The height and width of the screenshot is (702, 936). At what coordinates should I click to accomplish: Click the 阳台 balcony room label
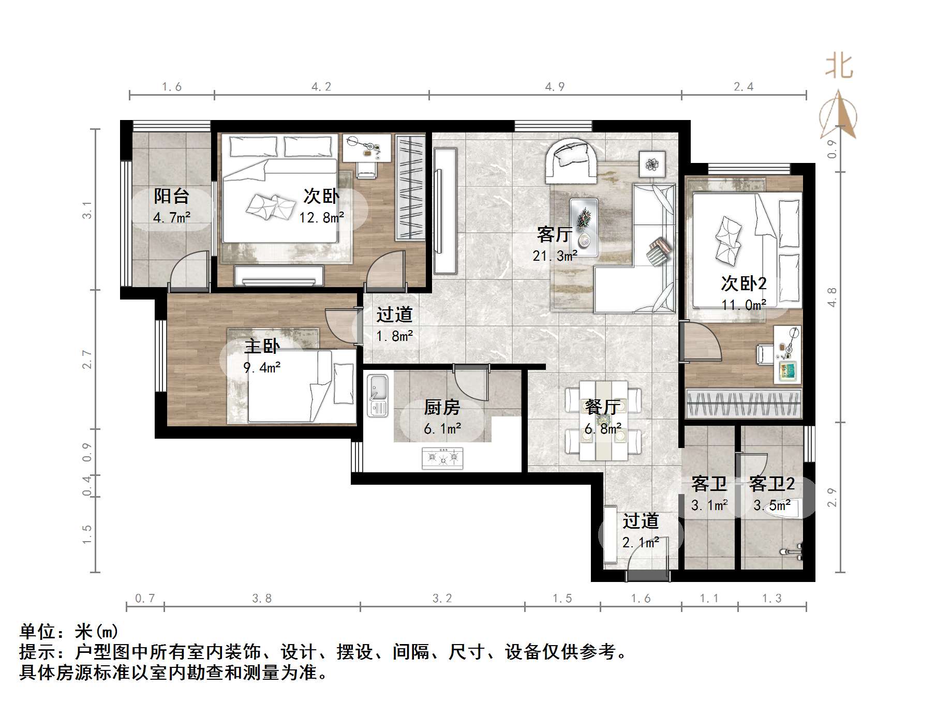coord(171,196)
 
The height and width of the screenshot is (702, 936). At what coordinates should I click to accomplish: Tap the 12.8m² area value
coord(321,217)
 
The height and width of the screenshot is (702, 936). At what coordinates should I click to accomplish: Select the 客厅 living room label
coord(554,235)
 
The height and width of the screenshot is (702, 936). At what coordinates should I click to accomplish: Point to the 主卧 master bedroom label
coord(262,346)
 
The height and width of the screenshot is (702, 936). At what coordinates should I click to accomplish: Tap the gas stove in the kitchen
coord(442,458)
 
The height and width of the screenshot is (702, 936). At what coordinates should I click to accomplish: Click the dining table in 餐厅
coord(603,421)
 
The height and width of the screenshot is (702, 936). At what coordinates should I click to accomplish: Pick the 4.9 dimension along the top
coord(555,86)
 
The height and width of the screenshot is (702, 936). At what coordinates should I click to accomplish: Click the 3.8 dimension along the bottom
coord(262,599)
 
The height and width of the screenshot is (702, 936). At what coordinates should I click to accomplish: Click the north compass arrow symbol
coord(839,116)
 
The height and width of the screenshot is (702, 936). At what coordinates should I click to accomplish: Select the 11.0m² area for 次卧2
coord(744,305)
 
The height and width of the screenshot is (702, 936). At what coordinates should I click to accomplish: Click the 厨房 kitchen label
coord(442,408)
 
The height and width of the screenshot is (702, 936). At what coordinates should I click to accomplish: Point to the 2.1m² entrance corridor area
coord(641,543)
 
